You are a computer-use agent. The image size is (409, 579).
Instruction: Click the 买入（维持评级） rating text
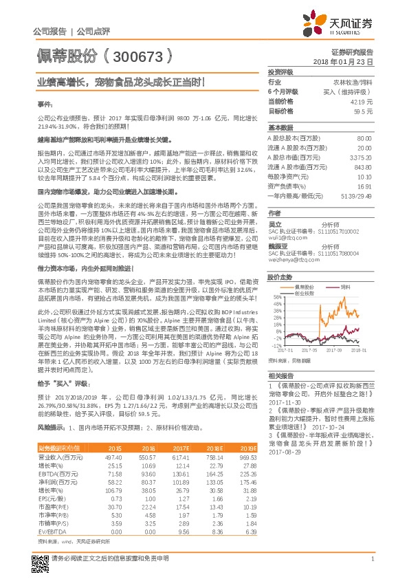point(353,91)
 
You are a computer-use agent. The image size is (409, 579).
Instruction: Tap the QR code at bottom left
point(41,559)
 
